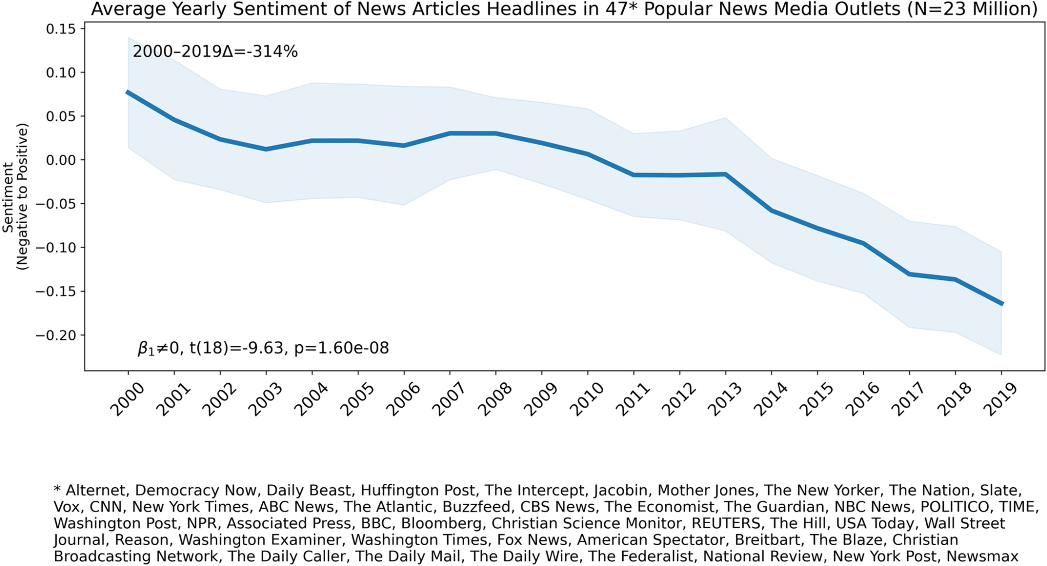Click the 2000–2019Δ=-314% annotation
(215, 52)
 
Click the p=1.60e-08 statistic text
(341, 348)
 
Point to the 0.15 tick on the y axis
(60, 29)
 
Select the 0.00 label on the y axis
(60, 160)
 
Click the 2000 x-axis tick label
(127, 400)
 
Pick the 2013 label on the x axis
(724, 400)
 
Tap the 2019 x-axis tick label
(1000, 400)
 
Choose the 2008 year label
(494, 400)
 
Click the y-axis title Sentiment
(8, 197)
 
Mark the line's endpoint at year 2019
(1001, 304)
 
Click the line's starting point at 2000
(128, 92)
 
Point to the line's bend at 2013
(725, 174)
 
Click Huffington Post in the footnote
(418, 490)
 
